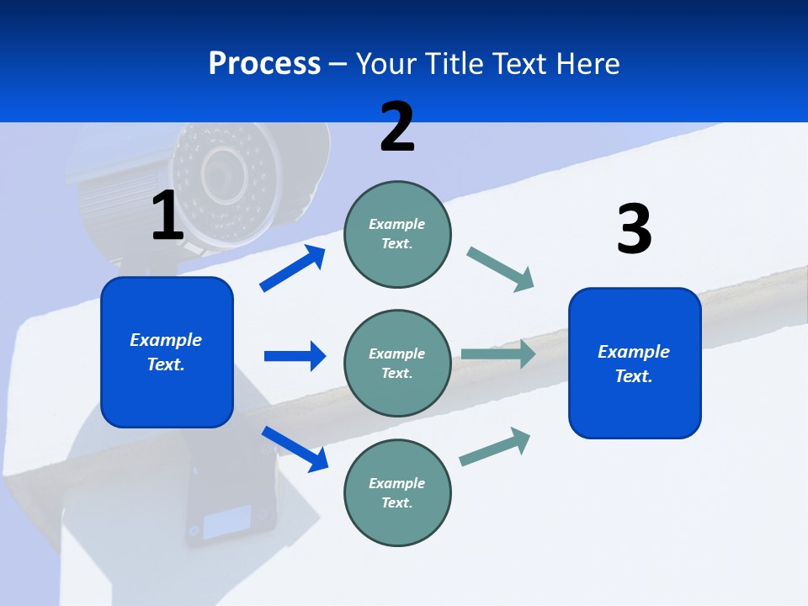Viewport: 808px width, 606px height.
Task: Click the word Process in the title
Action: (x=264, y=64)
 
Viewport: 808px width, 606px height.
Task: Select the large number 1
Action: (x=167, y=215)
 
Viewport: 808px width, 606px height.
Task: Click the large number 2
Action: (x=397, y=127)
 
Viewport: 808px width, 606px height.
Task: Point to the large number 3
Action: (x=634, y=229)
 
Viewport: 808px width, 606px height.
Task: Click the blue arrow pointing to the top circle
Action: (x=293, y=268)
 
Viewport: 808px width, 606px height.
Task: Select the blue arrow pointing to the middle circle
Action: (x=295, y=356)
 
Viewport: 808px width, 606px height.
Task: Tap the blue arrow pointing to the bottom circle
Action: (x=295, y=448)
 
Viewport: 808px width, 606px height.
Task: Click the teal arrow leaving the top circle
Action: (x=501, y=269)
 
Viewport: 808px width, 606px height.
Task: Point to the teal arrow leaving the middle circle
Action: (x=498, y=354)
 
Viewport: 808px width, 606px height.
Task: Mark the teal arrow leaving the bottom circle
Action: (x=495, y=447)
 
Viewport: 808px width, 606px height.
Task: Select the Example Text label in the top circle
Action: (x=397, y=234)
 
